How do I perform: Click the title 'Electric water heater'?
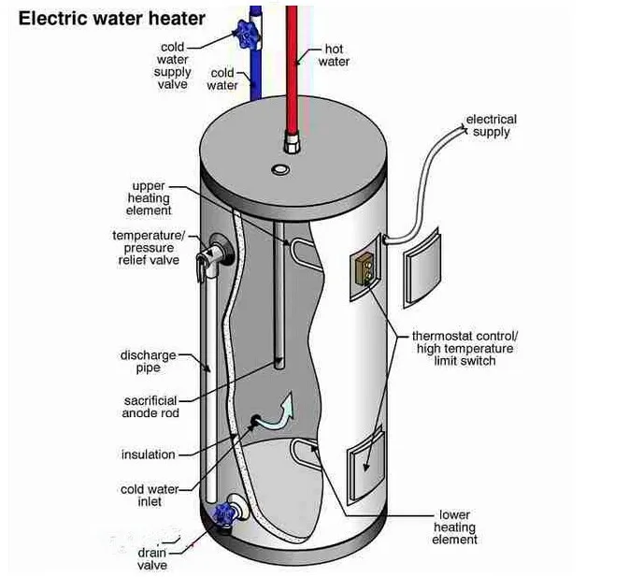[x=112, y=19]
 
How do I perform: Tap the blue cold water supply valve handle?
[x=246, y=35]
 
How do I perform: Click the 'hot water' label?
[x=334, y=55]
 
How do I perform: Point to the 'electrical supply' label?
[x=492, y=125]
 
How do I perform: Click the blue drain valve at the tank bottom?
[x=224, y=513]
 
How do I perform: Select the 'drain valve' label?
[x=152, y=558]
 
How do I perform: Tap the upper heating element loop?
[x=306, y=253]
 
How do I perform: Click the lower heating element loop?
[x=304, y=454]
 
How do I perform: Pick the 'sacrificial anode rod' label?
[x=150, y=407]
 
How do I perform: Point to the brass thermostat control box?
[x=364, y=268]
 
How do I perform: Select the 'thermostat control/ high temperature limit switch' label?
[x=464, y=349]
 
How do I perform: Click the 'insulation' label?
[x=148, y=454]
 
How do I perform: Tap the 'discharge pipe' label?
[x=148, y=361]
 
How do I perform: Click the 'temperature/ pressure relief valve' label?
[x=149, y=248]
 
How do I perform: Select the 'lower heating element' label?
[x=454, y=527]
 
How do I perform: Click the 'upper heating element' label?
[x=148, y=198]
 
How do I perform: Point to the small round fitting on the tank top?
[x=280, y=169]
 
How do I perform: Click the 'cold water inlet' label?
[x=150, y=496]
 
